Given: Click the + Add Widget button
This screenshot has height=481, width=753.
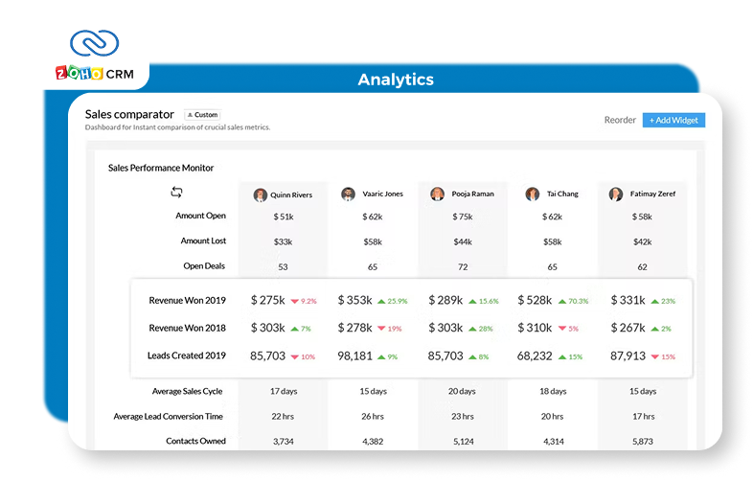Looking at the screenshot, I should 673,120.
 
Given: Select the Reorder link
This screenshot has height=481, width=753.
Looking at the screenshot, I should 620,120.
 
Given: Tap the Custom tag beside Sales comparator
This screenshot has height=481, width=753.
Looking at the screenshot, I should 201,115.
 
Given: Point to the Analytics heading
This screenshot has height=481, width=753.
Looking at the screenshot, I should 395,80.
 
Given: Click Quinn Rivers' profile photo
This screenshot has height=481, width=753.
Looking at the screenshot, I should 260,195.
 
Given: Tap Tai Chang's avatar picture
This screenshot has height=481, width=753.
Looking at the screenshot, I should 533,195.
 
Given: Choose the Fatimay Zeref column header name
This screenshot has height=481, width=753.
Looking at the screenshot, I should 654,195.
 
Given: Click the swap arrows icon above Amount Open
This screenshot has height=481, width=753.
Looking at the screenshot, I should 176,193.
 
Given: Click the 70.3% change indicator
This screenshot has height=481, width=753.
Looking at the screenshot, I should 577,301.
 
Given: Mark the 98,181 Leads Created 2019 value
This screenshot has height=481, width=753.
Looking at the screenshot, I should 355,355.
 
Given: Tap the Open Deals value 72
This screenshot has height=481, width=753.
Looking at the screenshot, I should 463,266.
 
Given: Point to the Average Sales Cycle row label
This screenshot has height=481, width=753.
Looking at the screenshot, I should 189,391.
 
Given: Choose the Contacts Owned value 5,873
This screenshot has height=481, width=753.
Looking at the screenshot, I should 642,442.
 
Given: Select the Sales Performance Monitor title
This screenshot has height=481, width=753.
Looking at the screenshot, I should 161,168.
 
